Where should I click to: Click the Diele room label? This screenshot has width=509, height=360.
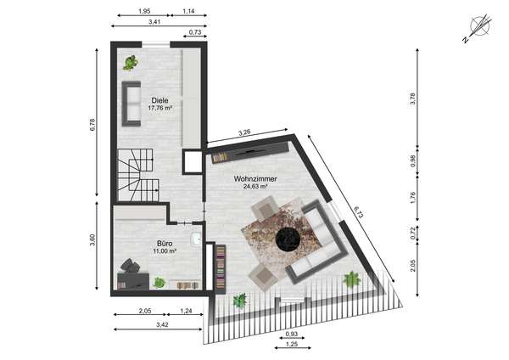point(159,100)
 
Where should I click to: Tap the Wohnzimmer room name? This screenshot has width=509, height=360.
point(255,178)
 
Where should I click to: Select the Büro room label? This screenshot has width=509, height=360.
point(165,244)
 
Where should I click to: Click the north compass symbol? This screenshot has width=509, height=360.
point(478,28)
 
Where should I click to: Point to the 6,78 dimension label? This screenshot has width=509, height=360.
point(92,125)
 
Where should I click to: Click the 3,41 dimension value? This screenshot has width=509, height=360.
point(154,22)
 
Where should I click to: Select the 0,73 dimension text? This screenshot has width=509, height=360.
point(195,32)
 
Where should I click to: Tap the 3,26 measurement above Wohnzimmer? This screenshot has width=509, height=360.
point(244,132)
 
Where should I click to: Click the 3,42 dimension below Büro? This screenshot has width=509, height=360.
point(162,324)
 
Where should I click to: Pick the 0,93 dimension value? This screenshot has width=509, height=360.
point(292,334)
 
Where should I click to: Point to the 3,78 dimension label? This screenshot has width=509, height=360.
point(412,98)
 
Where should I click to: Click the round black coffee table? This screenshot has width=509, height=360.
point(287,239)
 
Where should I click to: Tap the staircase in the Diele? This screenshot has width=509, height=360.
point(138,174)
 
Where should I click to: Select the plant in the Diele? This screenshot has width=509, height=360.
point(130,63)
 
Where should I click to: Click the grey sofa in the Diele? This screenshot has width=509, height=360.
point(131,104)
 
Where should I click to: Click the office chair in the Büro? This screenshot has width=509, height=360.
point(130,266)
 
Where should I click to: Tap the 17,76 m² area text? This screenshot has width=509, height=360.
point(159,108)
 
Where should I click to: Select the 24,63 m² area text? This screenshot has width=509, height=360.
point(255,187)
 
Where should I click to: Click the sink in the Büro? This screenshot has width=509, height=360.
point(197,239)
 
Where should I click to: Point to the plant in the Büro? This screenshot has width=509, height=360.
point(159,283)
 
